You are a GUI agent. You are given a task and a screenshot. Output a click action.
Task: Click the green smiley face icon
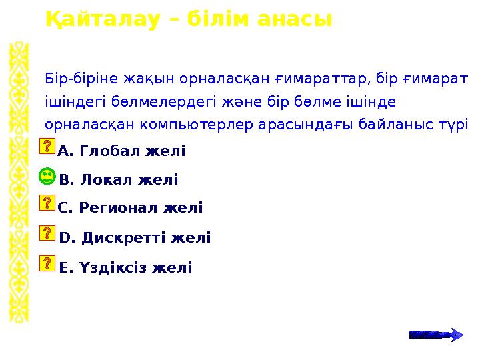tap(47, 177)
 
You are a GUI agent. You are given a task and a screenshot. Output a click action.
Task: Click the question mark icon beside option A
tap(47, 148)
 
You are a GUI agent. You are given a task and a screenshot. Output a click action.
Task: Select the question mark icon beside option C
tap(47, 203)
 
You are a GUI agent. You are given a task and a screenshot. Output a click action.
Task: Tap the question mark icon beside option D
tap(47, 233)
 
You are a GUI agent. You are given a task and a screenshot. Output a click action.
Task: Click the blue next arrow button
tap(436, 334)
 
